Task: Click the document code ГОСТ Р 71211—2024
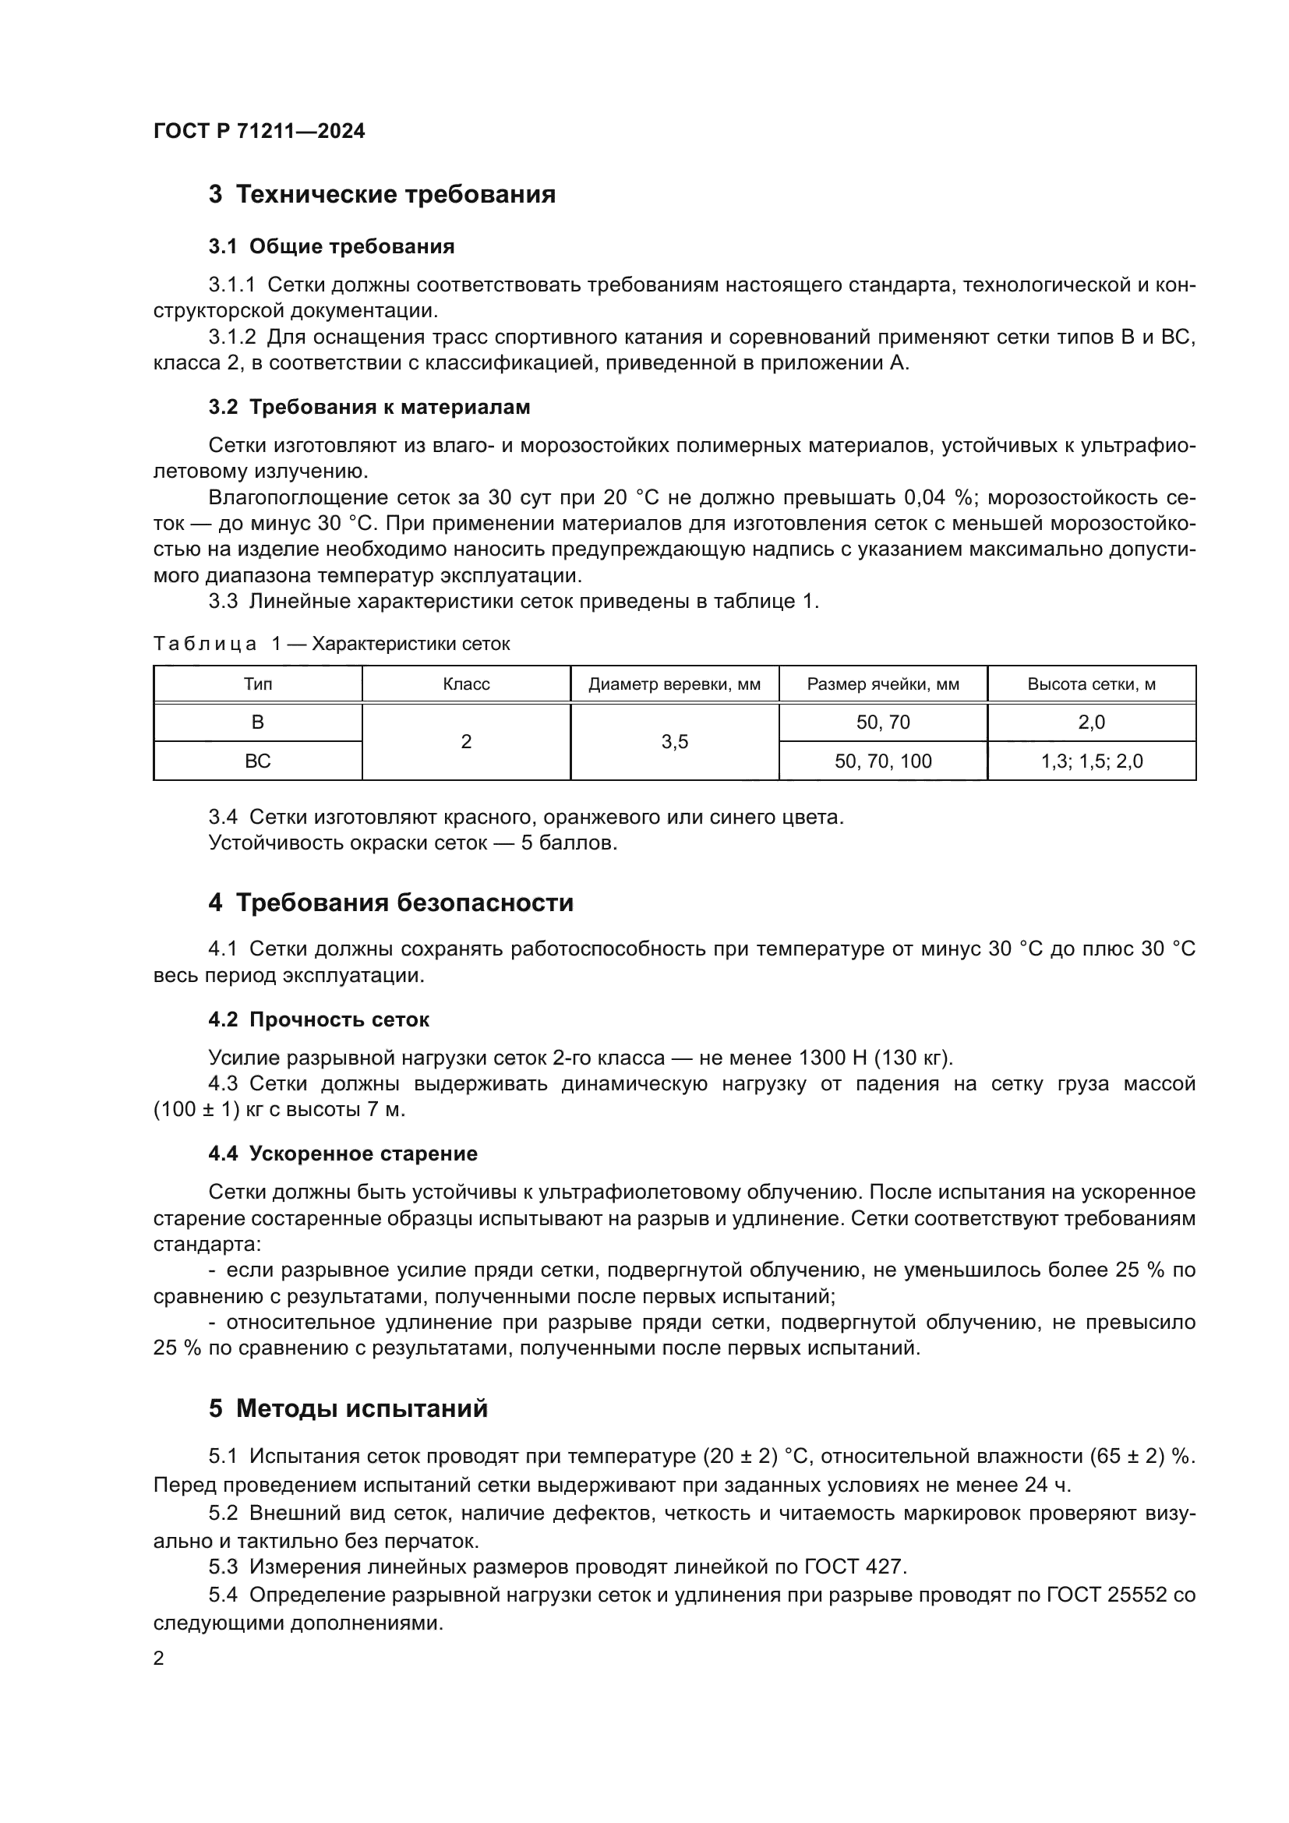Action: (259, 131)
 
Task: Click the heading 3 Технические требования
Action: (382, 195)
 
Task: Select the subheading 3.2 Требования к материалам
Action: (369, 408)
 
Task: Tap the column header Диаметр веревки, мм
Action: (674, 684)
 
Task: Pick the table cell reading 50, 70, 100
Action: (883, 761)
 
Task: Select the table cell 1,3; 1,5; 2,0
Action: (1091, 761)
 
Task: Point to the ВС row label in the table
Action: (257, 761)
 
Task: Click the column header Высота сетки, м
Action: (1091, 684)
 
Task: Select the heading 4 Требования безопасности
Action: (390, 903)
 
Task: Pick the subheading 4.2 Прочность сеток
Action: (318, 1020)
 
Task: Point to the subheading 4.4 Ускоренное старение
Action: (343, 1154)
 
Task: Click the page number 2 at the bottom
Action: (159, 1659)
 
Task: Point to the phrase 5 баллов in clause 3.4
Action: (568, 843)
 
